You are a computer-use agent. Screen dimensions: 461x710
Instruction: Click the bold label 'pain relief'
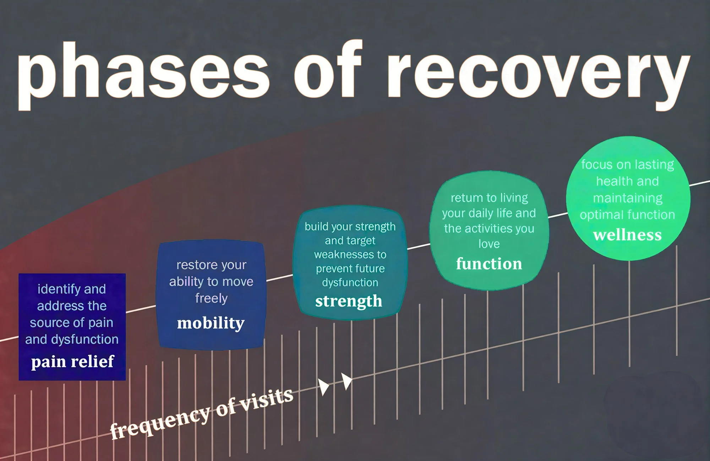(72, 361)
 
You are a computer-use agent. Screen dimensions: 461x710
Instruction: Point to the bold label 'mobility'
(211, 323)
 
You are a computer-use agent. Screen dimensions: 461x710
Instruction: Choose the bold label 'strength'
(349, 301)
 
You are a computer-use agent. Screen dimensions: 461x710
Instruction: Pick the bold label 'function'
(489, 263)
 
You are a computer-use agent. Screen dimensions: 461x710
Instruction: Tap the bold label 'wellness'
(627, 235)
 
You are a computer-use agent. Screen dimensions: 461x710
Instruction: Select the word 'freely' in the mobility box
(211, 298)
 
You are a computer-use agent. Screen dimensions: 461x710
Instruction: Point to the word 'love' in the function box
(489, 244)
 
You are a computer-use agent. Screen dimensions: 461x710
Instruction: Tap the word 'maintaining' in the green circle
(627, 198)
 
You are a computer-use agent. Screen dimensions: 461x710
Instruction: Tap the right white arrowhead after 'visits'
(346, 381)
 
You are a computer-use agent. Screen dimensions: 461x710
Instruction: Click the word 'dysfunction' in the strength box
(350, 283)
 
